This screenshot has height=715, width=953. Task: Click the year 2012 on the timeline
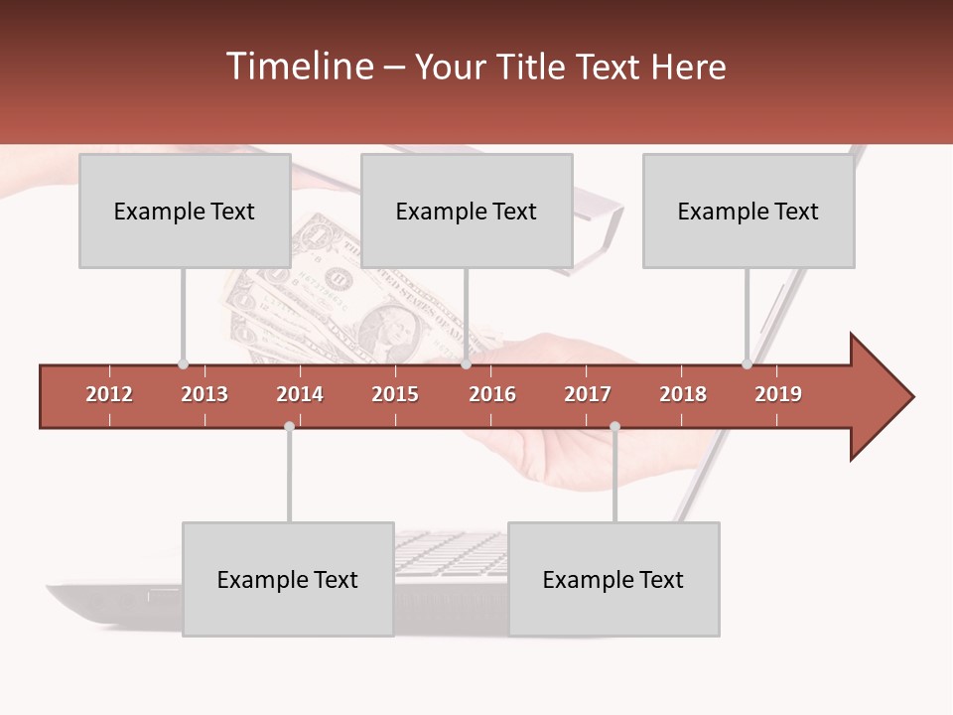click(x=109, y=394)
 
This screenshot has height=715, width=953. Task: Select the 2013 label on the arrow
click(x=204, y=394)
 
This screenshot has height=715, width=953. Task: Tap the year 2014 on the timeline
click(x=300, y=394)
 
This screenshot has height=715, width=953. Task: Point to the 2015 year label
click(x=395, y=394)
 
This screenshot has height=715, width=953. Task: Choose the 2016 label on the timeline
click(x=492, y=394)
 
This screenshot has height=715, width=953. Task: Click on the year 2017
click(x=588, y=394)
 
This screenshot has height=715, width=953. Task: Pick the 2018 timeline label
click(x=683, y=394)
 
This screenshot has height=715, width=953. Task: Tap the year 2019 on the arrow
click(x=778, y=394)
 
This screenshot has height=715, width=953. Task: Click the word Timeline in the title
click(x=297, y=67)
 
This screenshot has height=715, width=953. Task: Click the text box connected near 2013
click(x=185, y=211)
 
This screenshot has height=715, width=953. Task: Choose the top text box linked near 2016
click(x=467, y=211)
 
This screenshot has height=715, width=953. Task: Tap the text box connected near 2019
click(x=749, y=211)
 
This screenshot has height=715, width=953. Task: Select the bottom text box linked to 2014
click(x=288, y=579)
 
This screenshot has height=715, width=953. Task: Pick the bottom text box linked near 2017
click(x=613, y=579)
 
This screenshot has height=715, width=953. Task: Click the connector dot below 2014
click(x=289, y=426)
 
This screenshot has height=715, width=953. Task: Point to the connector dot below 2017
click(x=614, y=426)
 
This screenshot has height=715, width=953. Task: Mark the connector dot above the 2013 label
click(x=183, y=364)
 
